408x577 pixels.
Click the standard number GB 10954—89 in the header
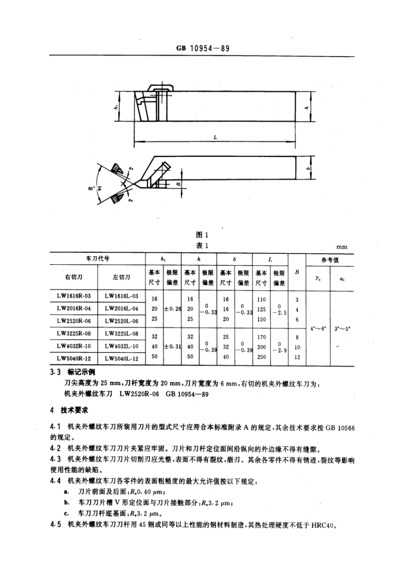click(x=203, y=48)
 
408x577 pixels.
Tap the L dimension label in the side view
click(x=215, y=137)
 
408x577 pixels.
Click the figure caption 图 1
click(x=202, y=234)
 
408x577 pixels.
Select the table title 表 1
click(x=202, y=246)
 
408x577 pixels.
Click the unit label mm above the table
click(x=342, y=246)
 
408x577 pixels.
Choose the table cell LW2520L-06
click(x=122, y=321)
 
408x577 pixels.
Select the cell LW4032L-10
click(x=122, y=346)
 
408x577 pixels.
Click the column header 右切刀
click(x=73, y=277)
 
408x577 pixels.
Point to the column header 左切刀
click(x=122, y=277)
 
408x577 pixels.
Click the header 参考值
click(x=330, y=260)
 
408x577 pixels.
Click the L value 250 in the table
click(x=261, y=357)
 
